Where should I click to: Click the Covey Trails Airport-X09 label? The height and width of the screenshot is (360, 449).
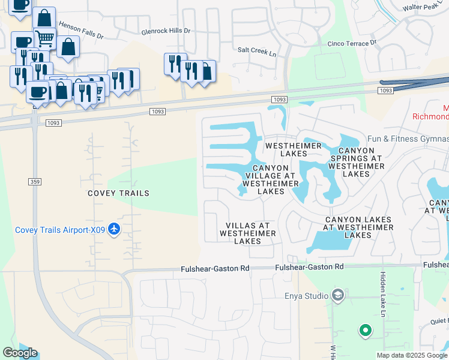pyautogui.click(x=60, y=230)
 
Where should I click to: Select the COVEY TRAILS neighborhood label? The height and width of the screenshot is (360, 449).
pyautogui.click(x=118, y=193)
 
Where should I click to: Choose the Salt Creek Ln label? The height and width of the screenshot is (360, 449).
pyautogui.click(x=257, y=52)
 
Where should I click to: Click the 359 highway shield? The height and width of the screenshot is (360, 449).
pyautogui.click(x=34, y=181)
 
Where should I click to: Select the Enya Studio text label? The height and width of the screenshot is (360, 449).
pyautogui.click(x=306, y=296)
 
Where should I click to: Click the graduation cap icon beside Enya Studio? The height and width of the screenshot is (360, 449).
pyautogui.click(x=338, y=295)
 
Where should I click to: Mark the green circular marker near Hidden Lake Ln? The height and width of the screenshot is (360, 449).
pyautogui.click(x=364, y=330)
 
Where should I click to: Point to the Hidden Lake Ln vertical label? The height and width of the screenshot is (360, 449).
pyautogui.click(x=382, y=294)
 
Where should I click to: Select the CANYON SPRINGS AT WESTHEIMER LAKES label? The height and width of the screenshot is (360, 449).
pyautogui.click(x=356, y=162)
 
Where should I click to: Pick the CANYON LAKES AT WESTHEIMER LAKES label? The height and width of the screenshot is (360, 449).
pyautogui.click(x=358, y=227)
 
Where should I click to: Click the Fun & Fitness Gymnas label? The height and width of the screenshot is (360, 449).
pyautogui.click(x=408, y=139)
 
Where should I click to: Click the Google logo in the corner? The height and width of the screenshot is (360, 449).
pyautogui.click(x=20, y=353)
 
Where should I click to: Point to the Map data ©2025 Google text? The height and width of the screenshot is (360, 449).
pyautogui.click(x=411, y=355)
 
